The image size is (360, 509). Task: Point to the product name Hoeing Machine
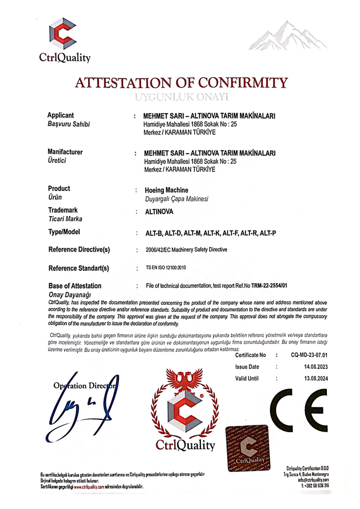pos(166,190)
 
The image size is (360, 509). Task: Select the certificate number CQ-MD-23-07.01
pos(310,355)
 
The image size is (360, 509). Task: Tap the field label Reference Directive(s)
pos(79,250)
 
